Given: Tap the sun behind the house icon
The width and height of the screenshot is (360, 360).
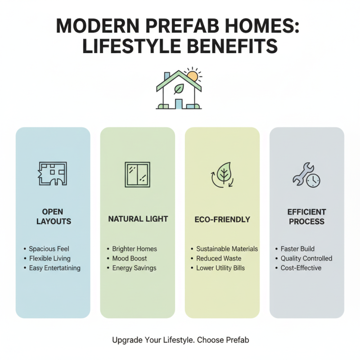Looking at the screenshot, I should (x=192, y=76).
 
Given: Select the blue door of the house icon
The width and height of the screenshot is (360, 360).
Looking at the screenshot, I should (x=179, y=104).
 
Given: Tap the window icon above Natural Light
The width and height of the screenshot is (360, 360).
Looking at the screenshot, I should (x=137, y=174).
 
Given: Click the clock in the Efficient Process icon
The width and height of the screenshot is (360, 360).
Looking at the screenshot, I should (x=313, y=180).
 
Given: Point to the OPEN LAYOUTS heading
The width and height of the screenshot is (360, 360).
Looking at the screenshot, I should (x=53, y=216).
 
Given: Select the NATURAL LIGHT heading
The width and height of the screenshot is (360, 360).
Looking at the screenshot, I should (x=138, y=219).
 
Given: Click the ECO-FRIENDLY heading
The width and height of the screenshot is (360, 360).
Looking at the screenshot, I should (x=222, y=220).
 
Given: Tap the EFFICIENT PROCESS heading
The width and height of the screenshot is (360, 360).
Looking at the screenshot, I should (x=307, y=216).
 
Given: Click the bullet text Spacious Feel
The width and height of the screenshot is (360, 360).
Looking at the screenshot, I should (x=49, y=248).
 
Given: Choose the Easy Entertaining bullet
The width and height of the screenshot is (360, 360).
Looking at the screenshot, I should (x=54, y=268).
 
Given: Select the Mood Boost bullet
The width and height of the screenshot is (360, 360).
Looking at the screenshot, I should (x=130, y=258).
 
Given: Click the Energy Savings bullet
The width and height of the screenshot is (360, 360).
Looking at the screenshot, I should (x=134, y=268).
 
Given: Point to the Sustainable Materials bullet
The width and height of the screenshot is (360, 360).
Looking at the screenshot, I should (x=227, y=248).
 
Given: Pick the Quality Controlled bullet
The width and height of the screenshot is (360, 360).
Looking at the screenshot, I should (x=306, y=258).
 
